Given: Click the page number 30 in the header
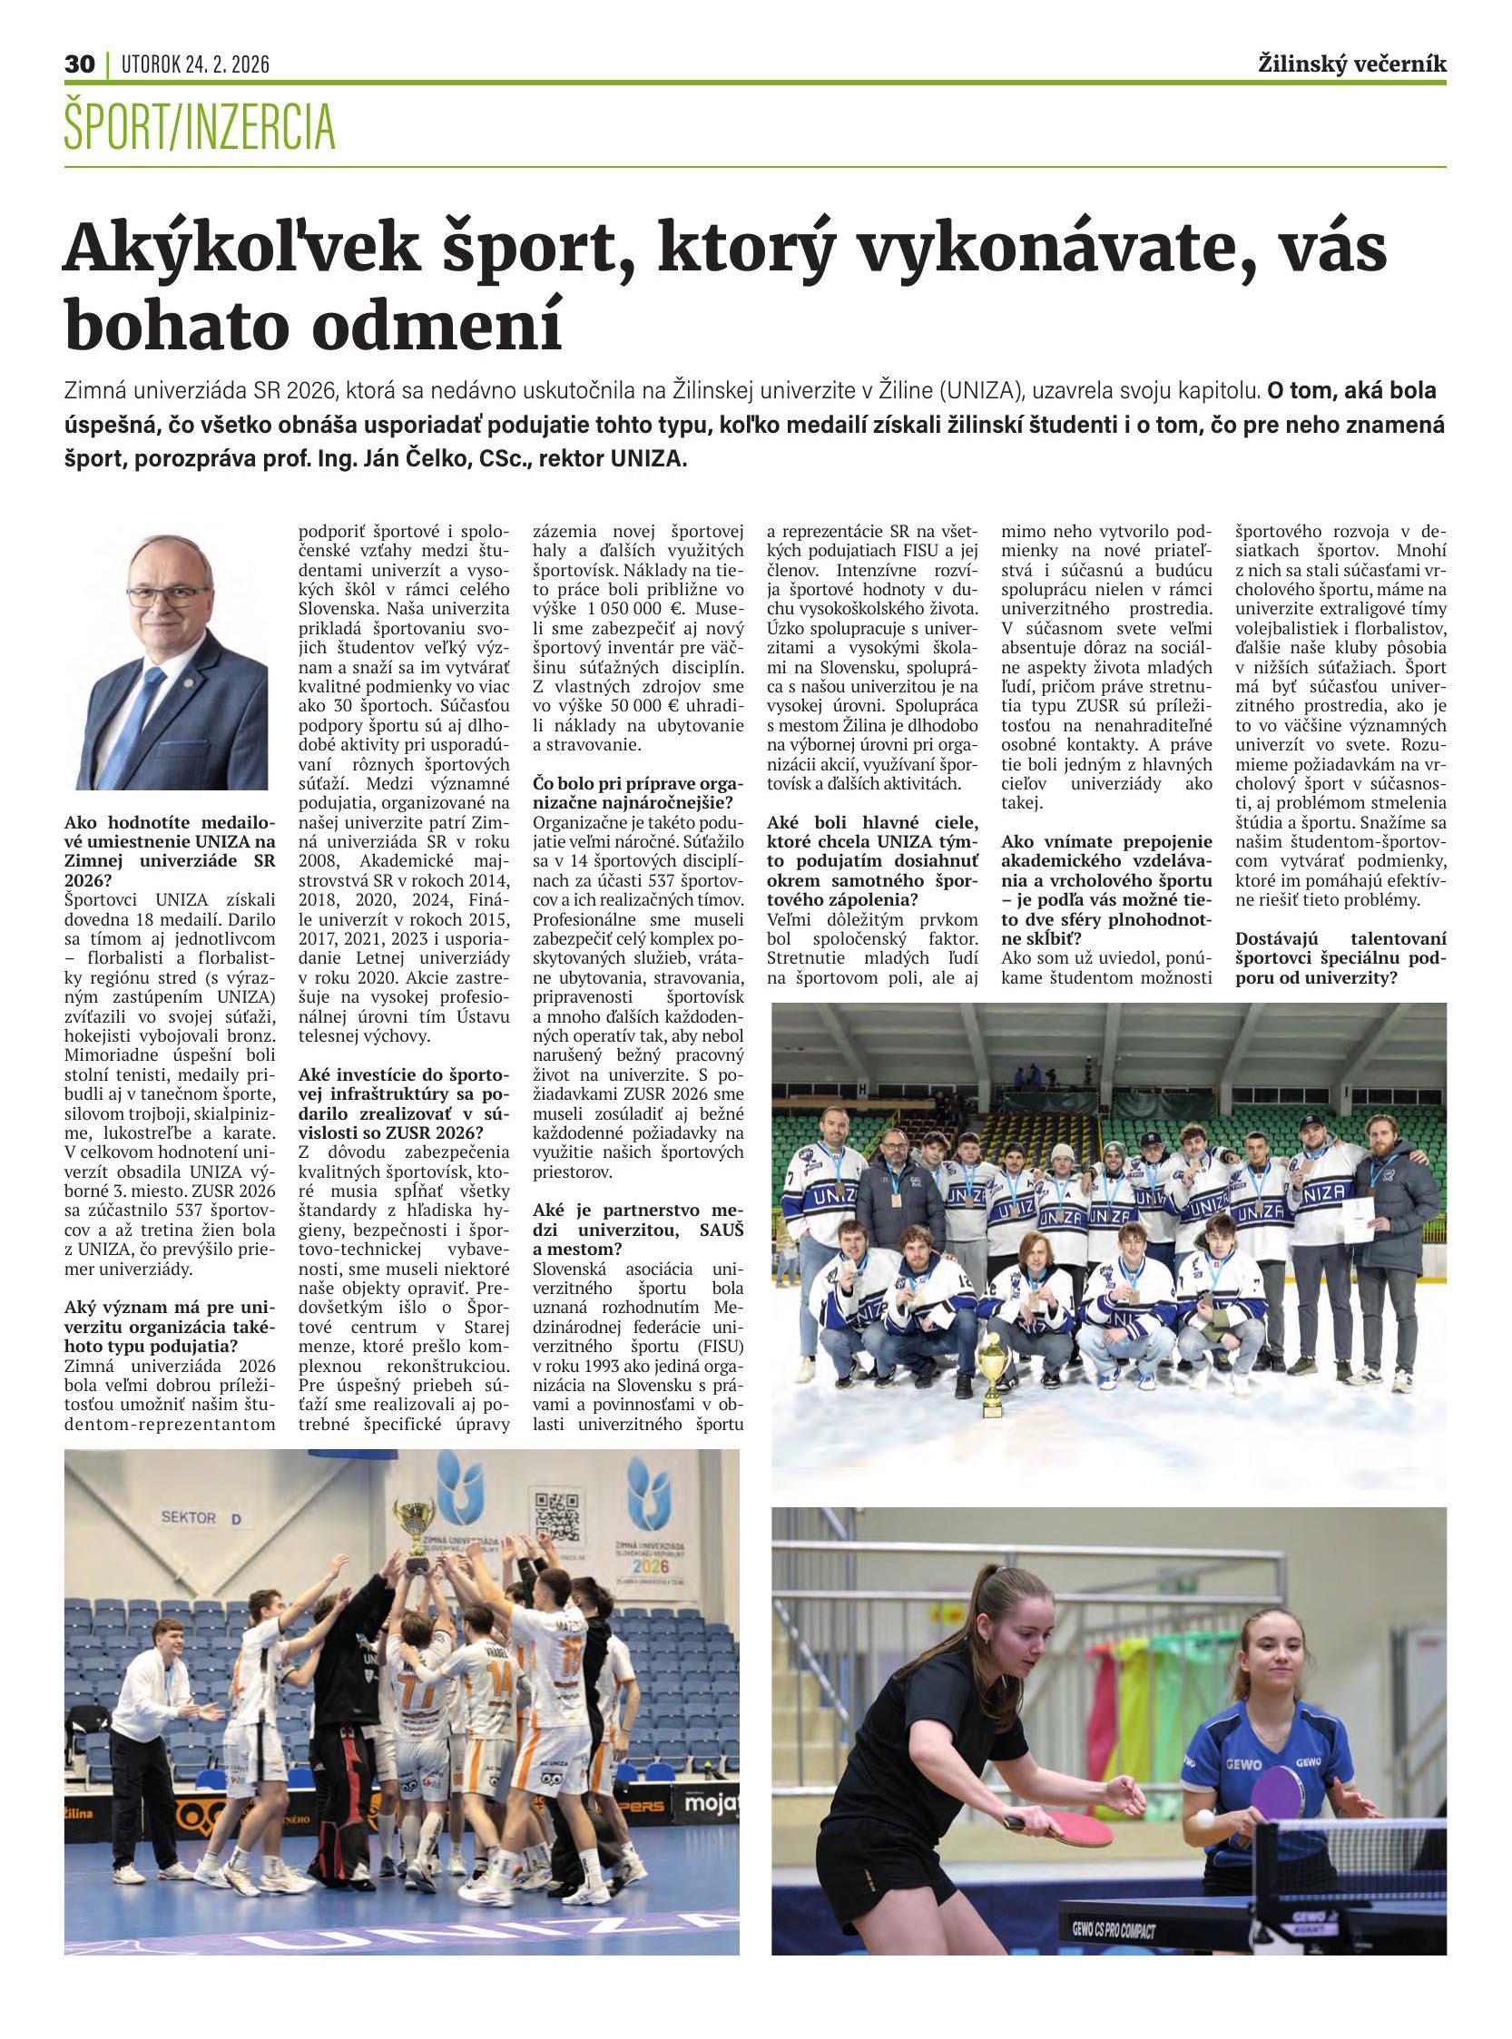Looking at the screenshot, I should [80, 64].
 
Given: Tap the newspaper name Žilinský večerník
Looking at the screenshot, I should [1352, 64].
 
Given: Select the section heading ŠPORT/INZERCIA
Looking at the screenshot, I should [200, 128].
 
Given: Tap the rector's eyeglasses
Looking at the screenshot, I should [170, 595].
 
